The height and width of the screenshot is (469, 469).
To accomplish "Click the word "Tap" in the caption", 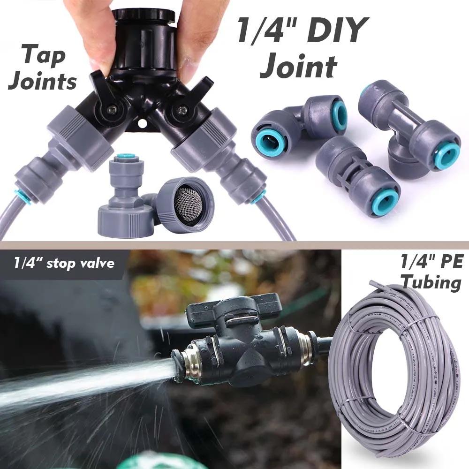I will (43, 55).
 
